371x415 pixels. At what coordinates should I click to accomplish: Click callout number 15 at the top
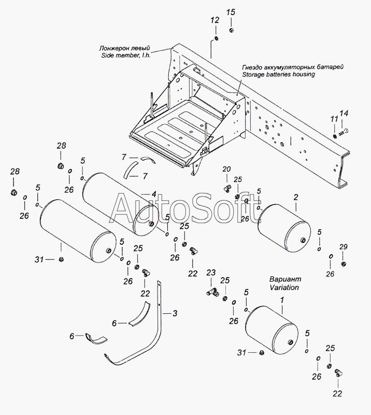(231, 12)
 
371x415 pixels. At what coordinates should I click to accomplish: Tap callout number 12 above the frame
(215, 20)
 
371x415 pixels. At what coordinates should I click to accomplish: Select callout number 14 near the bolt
(344, 113)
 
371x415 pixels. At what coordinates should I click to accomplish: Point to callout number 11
(334, 119)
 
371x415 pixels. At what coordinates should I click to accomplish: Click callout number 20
(226, 169)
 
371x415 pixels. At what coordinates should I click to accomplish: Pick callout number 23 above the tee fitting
(211, 273)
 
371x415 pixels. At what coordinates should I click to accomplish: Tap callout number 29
(343, 247)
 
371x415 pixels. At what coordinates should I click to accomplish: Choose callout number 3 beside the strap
(175, 313)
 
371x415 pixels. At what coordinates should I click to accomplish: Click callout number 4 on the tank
(154, 194)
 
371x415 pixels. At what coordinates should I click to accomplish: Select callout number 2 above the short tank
(296, 197)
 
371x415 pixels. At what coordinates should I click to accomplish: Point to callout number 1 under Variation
(282, 300)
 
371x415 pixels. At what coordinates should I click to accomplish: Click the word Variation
(284, 287)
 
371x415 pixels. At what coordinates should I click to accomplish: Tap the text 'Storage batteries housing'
(279, 74)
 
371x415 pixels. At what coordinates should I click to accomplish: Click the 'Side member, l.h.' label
(126, 56)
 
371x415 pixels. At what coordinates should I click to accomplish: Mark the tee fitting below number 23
(212, 293)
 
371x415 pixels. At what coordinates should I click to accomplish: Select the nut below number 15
(232, 30)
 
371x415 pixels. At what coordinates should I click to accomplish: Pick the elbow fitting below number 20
(227, 189)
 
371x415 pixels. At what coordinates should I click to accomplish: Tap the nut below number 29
(343, 264)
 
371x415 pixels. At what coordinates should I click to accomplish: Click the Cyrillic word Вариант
(286, 279)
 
